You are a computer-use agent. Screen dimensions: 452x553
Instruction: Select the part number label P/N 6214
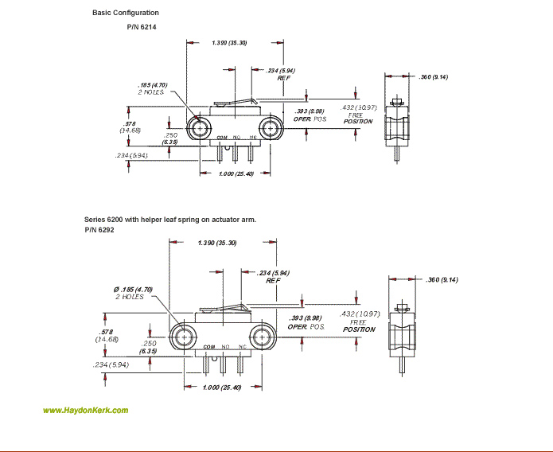144,27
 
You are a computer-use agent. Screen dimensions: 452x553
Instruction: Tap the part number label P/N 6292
99,229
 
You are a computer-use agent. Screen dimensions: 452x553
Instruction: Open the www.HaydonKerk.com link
85,411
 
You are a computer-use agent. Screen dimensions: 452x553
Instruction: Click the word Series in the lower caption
95,218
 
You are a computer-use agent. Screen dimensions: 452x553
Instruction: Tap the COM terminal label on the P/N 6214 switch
222,138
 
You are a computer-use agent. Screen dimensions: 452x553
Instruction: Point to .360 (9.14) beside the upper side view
434,76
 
